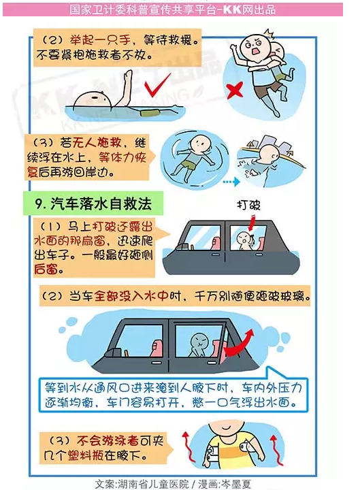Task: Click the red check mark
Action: pyautogui.click(x=159, y=88)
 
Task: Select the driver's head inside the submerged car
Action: pyautogui.click(x=197, y=338)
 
